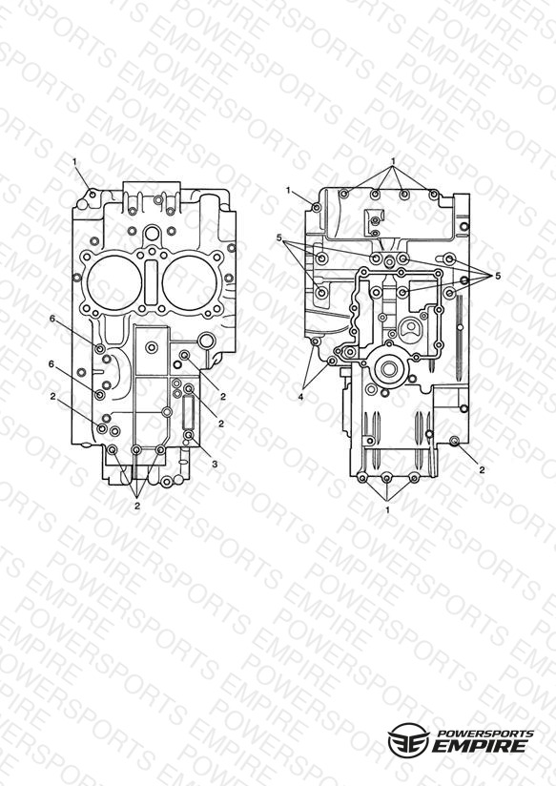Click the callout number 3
(x=215, y=465)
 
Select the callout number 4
(x=300, y=397)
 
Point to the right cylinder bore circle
(x=190, y=284)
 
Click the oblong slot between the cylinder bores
(x=152, y=282)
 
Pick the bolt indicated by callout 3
(x=188, y=436)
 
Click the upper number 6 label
(x=52, y=319)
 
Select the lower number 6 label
(x=51, y=364)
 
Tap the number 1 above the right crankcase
(x=394, y=161)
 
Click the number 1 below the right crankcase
(x=387, y=509)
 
